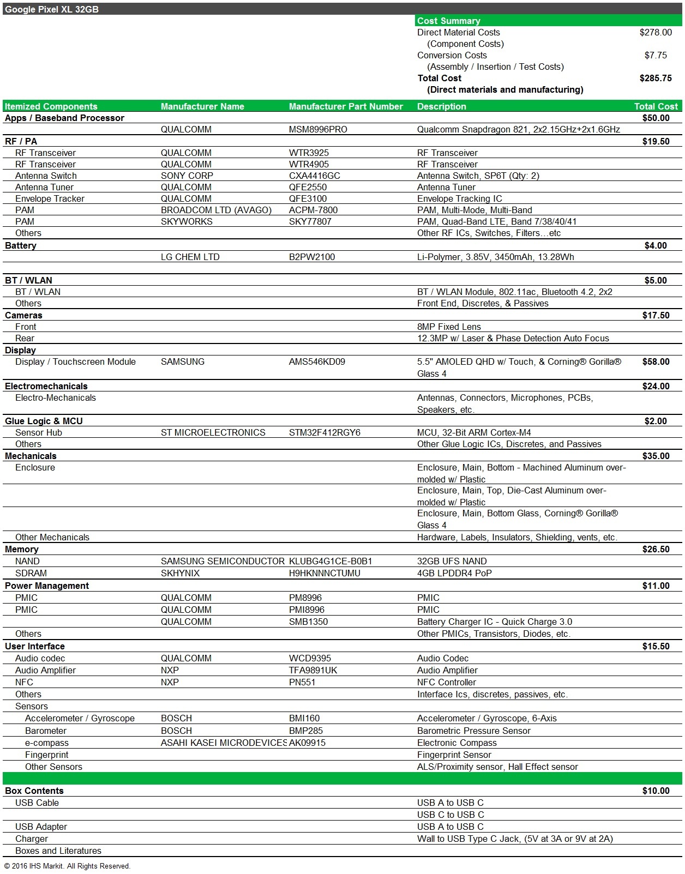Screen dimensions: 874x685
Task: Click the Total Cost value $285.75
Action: (x=656, y=78)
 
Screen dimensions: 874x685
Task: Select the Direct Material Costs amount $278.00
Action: (x=656, y=32)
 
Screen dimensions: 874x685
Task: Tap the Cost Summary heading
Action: (x=449, y=21)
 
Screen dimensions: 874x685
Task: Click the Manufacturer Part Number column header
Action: (x=346, y=106)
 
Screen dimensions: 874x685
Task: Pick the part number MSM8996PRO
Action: (x=318, y=129)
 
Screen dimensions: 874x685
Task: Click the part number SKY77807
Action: (x=310, y=221)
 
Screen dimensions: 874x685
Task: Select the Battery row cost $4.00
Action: (x=656, y=245)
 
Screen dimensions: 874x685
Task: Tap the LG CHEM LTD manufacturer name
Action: (x=190, y=257)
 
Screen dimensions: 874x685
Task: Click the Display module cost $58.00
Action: (x=656, y=361)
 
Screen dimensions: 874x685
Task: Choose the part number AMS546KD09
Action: (x=317, y=361)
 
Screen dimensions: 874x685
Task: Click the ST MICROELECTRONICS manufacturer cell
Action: (x=213, y=432)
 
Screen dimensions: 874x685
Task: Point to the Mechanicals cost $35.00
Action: (x=656, y=456)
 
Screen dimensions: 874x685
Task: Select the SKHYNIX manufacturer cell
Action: (x=181, y=573)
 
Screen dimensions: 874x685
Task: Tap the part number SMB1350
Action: (x=309, y=622)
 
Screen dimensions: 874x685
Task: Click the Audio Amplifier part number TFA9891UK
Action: (x=313, y=670)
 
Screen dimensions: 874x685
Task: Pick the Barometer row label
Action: (x=46, y=731)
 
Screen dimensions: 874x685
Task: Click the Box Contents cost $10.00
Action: (x=656, y=791)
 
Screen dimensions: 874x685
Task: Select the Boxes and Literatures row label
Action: (x=58, y=851)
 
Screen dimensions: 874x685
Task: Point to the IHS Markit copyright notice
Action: (x=67, y=866)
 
